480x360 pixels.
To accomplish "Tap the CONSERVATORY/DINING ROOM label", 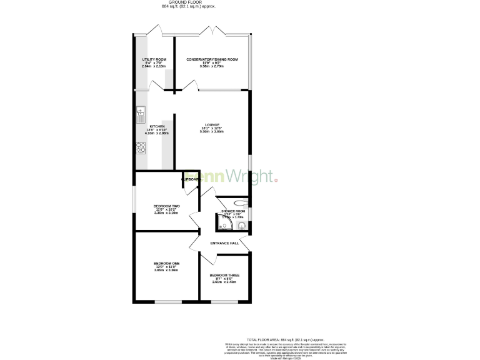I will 212,59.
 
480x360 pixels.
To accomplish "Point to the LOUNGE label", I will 211,124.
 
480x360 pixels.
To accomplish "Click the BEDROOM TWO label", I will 166,206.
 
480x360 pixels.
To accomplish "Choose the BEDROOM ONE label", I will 166,264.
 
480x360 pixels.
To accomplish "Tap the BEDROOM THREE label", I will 224,275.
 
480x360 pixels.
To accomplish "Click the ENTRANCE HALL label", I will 224,243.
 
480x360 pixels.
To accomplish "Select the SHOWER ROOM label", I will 232,211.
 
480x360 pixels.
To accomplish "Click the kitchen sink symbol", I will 141,112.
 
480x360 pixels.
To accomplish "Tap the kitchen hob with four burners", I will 141,148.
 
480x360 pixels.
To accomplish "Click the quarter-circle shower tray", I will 222,226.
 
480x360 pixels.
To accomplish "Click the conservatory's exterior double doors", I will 212,31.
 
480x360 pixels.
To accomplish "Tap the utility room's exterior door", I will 154,31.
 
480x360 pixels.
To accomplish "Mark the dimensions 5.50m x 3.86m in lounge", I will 211,132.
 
